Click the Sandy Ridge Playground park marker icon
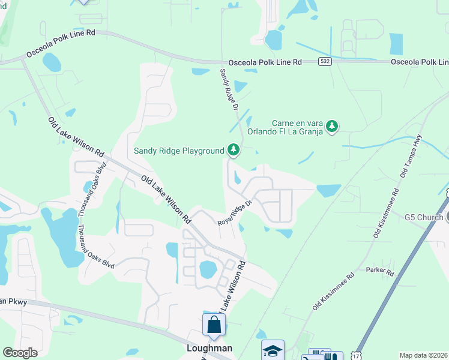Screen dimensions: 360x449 (233, 150)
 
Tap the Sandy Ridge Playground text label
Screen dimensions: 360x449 (179, 151)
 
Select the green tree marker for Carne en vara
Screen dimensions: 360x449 (331, 126)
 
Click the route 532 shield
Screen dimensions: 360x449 (325, 62)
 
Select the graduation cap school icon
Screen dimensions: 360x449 (273, 350)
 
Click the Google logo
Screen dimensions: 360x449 (20, 353)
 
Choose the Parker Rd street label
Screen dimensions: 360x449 (381, 273)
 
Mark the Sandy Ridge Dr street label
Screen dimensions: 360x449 (228, 90)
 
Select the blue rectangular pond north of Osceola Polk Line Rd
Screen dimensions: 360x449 (396, 44)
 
